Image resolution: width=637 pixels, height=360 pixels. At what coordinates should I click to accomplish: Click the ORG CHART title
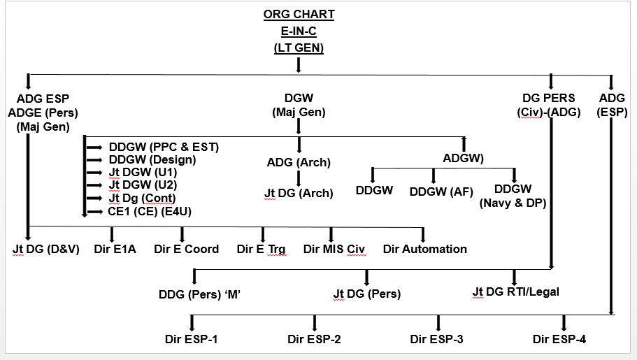[x=299, y=15]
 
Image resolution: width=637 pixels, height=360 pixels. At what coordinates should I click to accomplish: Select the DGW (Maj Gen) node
[x=299, y=106]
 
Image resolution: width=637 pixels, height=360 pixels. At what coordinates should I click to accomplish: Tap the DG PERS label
[x=549, y=99]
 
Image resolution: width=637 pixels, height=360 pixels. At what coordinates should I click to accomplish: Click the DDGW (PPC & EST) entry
[x=164, y=147]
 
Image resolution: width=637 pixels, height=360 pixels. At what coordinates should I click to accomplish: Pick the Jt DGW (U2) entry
[x=143, y=185]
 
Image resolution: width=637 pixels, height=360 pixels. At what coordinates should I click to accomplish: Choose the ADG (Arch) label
[x=299, y=163]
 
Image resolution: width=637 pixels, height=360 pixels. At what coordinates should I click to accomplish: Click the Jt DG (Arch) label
[x=299, y=193]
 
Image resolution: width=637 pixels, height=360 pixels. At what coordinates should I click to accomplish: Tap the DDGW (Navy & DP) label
[x=513, y=196]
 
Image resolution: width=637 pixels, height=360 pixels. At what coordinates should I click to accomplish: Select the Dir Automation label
[x=424, y=249]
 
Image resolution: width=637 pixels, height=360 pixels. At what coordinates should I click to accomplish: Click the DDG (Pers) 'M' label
[x=201, y=294]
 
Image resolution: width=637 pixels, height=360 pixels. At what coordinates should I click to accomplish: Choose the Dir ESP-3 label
[x=437, y=340]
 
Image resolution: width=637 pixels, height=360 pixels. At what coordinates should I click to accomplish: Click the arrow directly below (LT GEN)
[x=299, y=64]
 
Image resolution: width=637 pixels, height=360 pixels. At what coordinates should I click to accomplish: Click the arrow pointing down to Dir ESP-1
[x=191, y=322]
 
